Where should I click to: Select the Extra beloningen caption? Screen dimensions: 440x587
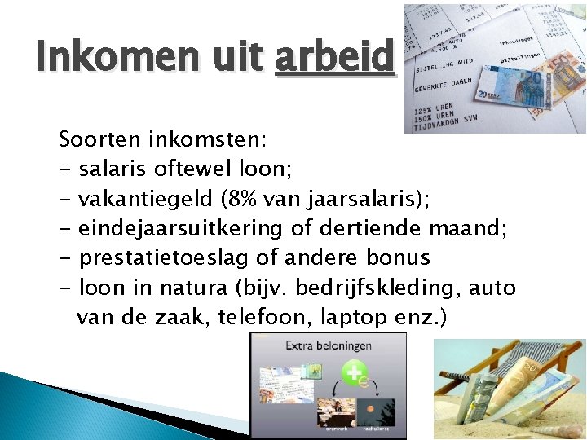point(329,345)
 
